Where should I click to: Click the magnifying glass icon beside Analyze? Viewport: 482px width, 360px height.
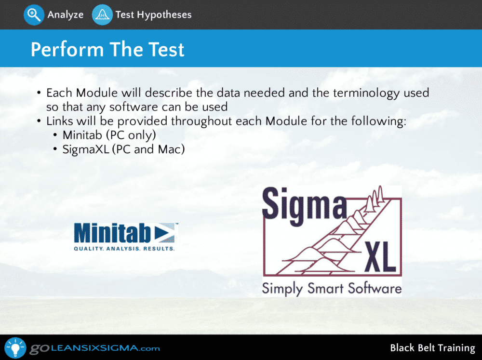[34, 15]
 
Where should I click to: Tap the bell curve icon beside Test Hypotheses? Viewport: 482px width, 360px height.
[102, 15]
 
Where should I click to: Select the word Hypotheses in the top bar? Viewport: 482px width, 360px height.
[164, 15]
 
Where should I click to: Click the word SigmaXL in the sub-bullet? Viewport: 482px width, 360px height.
[86, 149]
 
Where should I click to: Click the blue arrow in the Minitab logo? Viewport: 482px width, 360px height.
[164, 232]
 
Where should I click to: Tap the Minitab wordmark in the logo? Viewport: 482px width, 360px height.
[112, 233]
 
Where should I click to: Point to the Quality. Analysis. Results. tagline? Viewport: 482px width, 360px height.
[124, 248]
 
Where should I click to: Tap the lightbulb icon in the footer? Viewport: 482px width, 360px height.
[15, 347]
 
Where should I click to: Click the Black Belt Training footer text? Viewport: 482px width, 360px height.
[432, 348]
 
